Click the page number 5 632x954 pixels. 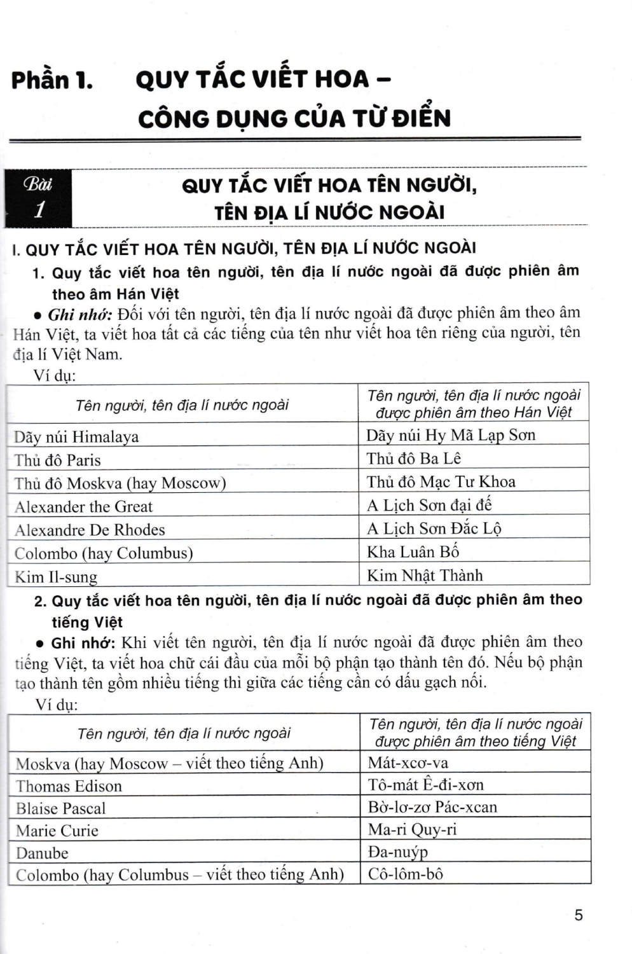(x=578, y=915)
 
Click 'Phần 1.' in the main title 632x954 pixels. (x=52, y=81)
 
